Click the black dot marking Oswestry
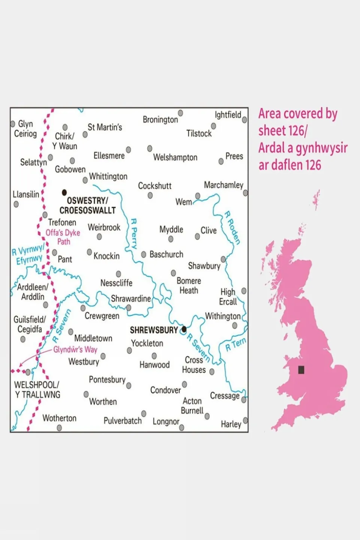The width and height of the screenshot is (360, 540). (64, 193)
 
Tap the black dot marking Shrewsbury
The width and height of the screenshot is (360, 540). (184, 329)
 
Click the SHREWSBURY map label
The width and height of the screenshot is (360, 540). (154, 330)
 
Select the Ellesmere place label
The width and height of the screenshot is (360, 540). (109, 155)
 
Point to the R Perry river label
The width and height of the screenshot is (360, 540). (133, 234)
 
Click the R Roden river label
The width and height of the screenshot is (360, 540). (232, 227)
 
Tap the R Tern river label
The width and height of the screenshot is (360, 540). (235, 344)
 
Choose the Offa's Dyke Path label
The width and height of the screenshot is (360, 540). (63, 237)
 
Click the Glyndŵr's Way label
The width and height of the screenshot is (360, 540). (75, 349)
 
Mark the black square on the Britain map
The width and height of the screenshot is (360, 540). (301, 370)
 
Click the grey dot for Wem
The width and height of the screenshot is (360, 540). (197, 196)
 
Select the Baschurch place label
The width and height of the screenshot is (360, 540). (166, 254)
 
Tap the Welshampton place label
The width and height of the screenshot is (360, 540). (175, 158)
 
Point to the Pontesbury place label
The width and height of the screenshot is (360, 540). (107, 380)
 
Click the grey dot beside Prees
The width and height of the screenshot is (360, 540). (221, 161)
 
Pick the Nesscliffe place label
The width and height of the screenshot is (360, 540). (116, 283)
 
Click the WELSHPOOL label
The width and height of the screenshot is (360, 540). (36, 385)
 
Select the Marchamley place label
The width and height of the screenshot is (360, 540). (223, 185)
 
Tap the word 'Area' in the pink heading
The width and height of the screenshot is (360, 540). (271, 114)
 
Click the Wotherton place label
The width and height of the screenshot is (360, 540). (59, 418)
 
